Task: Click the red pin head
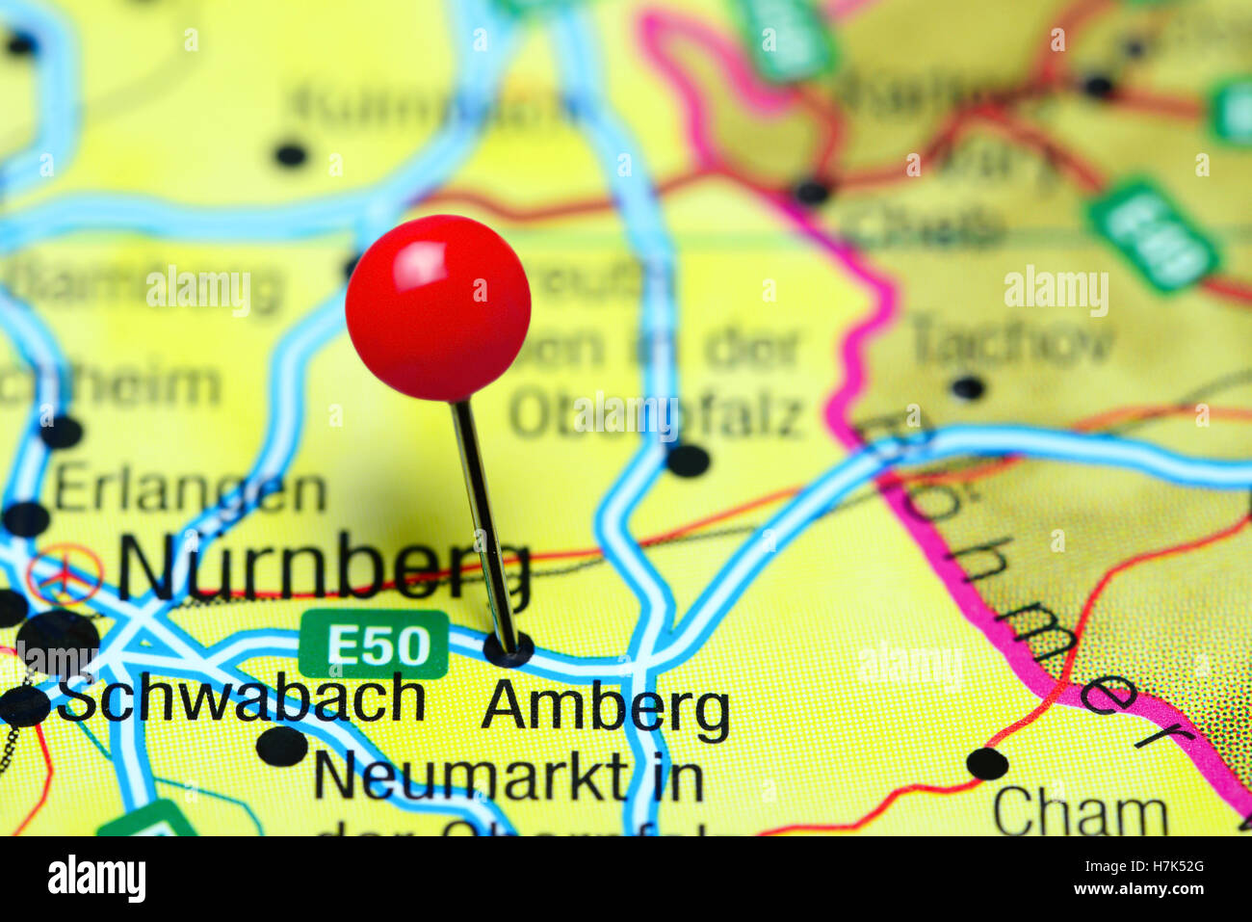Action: [438, 306]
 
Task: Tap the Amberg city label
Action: [605, 709]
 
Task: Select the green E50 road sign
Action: [374, 644]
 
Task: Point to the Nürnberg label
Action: [324, 567]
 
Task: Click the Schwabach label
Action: [241, 698]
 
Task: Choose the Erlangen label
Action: [190, 491]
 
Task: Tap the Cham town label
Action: [1080, 813]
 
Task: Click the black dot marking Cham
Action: [986, 764]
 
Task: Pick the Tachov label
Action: [1012, 339]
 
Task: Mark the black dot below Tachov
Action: [967, 387]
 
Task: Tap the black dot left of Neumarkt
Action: [282, 747]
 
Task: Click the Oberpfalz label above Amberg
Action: [656, 414]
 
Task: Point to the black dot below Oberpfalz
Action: [688, 461]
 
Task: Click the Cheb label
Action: [923, 227]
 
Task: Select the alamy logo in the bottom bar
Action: [96, 879]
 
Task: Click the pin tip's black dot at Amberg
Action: [509, 650]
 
